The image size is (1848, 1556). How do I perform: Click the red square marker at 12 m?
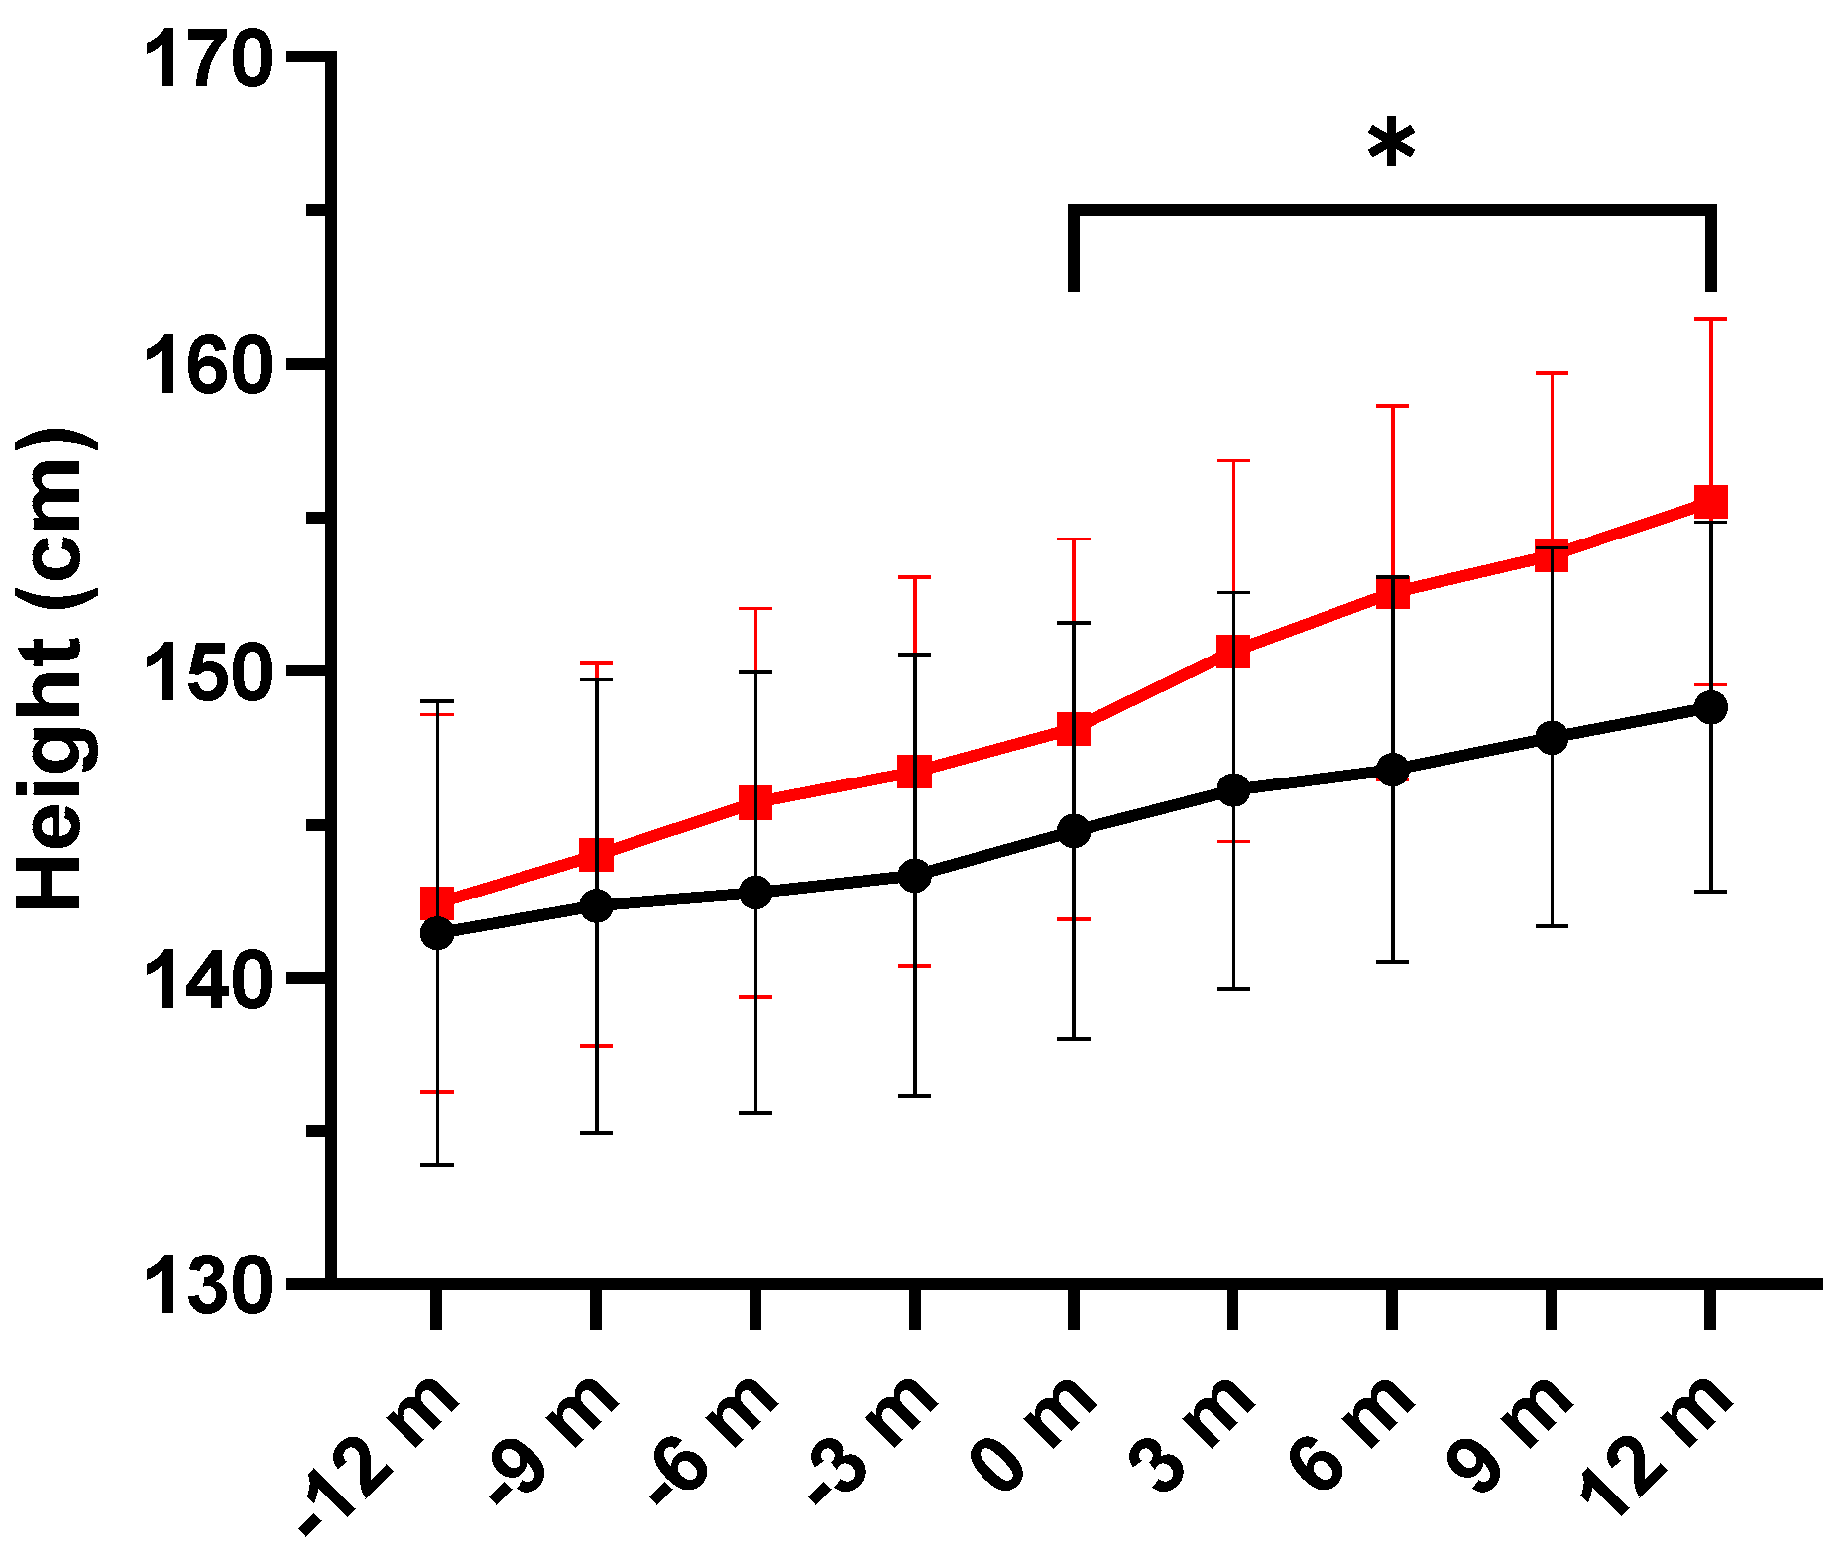tap(1710, 502)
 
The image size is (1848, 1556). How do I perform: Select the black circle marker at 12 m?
tap(1710, 707)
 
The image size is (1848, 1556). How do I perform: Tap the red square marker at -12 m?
tap(437, 903)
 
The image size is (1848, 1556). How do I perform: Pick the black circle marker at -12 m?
tap(437, 933)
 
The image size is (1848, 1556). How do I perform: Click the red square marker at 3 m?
tap(1232, 652)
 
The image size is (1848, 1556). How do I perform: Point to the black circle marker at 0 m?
tap(1073, 831)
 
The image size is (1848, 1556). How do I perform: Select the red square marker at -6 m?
tap(755, 802)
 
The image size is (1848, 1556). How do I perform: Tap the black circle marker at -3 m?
tap(914, 876)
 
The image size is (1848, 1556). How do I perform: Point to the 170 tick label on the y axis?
tap(208, 60)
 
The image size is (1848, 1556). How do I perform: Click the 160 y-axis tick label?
tap(208, 366)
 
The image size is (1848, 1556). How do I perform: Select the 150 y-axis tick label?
tap(208, 673)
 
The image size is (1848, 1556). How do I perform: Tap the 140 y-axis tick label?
tap(208, 981)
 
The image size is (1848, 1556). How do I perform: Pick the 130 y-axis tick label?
tap(208, 1286)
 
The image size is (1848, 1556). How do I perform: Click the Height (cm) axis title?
tap(57, 670)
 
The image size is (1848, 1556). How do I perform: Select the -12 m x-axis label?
tap(382, 1453)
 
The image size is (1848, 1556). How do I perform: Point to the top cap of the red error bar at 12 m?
tap(1710, 319)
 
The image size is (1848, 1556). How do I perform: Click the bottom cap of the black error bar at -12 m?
tap(437, 1165)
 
